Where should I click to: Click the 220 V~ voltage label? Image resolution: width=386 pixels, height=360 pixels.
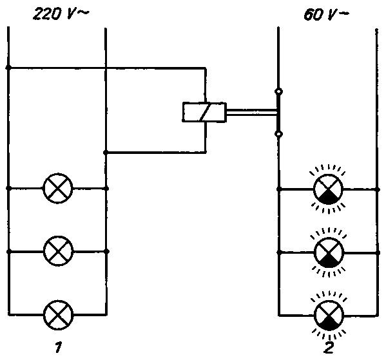61,14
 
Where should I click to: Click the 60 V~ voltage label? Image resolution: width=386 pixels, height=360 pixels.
326,15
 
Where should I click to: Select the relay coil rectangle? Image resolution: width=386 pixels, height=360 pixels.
204,112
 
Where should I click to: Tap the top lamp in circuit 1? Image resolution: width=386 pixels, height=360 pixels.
58,188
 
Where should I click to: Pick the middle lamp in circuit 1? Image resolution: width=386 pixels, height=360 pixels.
59,251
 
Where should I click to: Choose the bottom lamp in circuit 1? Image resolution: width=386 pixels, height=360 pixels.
59,315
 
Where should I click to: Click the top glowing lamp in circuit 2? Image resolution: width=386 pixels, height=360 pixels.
328,189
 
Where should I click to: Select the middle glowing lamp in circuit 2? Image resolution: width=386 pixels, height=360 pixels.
329,252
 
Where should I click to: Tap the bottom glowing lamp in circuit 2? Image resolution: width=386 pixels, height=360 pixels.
329,315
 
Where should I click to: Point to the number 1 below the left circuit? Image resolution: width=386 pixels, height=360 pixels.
58,347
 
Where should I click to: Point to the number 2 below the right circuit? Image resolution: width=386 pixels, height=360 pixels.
329,347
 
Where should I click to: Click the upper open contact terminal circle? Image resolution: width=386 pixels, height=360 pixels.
278,91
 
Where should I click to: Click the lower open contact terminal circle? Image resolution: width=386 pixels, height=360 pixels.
278,134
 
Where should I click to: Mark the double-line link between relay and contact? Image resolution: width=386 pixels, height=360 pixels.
252,112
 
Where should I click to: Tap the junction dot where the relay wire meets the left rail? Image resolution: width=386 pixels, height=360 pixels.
8,68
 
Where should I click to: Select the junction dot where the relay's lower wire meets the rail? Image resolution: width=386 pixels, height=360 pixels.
106,153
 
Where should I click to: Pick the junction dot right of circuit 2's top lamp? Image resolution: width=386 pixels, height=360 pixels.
377,189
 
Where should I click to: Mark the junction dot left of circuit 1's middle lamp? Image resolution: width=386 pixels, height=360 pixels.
8,251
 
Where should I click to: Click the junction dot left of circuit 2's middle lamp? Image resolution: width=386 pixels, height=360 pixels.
279,252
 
